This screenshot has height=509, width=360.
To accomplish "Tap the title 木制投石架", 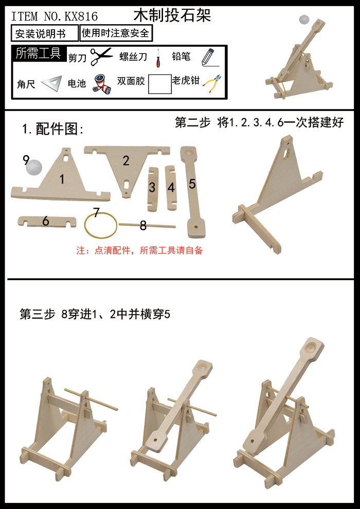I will point(172,15).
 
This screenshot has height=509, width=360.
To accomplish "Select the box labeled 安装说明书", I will point(45,34).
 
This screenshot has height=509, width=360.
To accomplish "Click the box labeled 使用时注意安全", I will point(116,33).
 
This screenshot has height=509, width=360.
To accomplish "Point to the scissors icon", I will point(101,56).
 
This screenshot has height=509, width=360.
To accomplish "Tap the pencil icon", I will point(208,56).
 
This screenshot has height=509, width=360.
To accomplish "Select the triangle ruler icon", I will point(51,83).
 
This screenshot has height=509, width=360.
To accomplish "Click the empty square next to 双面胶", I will point(160,83).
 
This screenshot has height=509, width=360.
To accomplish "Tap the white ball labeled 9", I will point(34,167).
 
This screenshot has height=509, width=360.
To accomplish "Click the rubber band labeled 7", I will point(101,225).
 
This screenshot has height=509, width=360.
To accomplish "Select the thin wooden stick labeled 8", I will point(147,225).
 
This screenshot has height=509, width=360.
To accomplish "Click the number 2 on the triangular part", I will point(126,160).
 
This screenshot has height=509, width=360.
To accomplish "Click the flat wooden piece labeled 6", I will point(46,222).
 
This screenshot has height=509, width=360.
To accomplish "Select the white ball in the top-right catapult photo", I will point(304,21).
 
